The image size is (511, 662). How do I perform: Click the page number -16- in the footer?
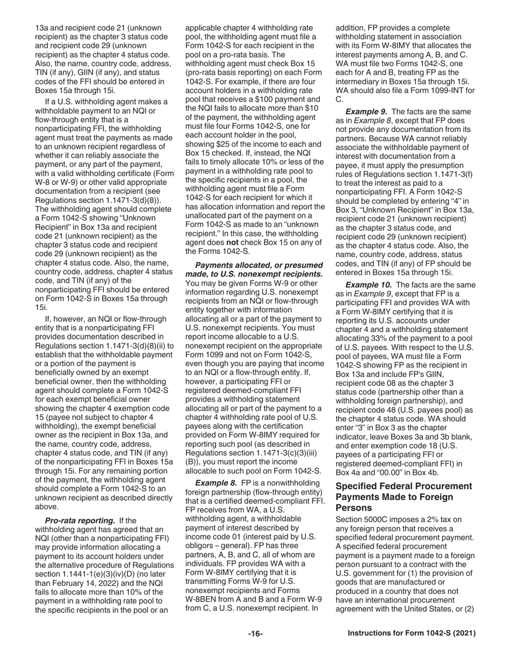point(255,633)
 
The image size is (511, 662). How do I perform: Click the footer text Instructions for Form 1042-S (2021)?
point(411,633)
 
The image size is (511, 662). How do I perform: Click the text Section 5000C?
point(360,519)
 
